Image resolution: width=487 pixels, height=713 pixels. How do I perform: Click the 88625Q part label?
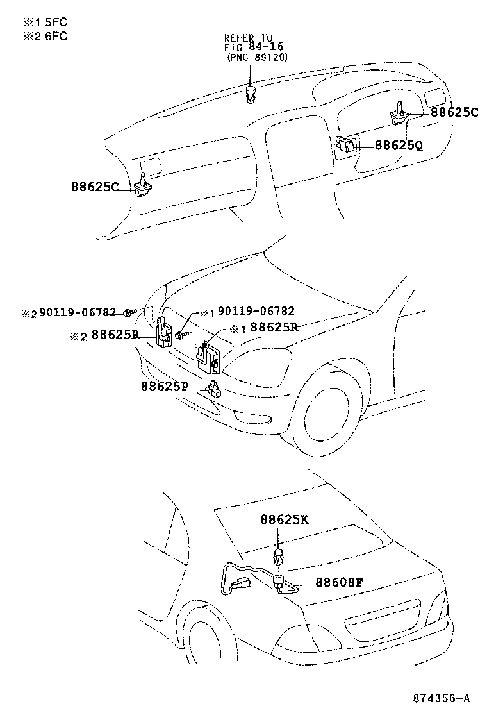point(399,146)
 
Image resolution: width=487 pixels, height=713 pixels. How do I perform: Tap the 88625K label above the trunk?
point(285,519)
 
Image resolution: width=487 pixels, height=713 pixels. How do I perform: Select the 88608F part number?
point(340,582)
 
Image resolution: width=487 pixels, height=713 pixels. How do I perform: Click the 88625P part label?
point(165,387)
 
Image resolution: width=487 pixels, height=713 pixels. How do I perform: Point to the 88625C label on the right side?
point(454,112)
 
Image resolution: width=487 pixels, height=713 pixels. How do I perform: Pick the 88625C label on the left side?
point(95,187)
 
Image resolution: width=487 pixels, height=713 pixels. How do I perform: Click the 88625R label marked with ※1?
point(274,328)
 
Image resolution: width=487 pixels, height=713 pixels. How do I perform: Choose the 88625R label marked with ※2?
point(115,335)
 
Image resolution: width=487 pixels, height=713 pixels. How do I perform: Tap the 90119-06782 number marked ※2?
point(78,312)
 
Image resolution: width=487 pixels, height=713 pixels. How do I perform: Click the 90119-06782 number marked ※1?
point(256,311)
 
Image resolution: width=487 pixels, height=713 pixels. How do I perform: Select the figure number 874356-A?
point(441,698)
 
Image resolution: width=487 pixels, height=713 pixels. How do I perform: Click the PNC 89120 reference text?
point(257,58)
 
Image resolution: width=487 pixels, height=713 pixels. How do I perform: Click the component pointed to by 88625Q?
point(346,144)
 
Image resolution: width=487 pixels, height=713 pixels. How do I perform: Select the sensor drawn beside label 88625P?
point(213,388)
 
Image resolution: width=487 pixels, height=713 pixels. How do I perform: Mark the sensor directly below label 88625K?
point(278,556)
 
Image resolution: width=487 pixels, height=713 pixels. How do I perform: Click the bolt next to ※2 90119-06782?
point(130,312)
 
